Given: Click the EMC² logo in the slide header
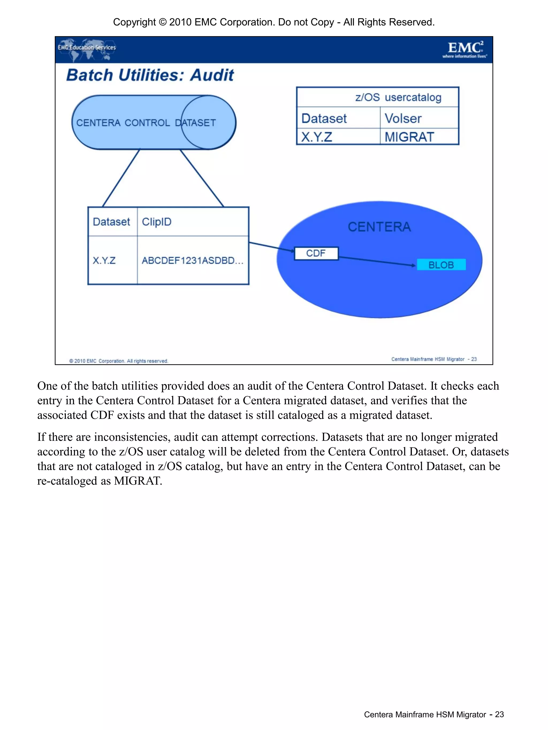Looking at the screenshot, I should click(x=465, y=49).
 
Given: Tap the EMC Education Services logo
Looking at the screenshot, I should click(x=87, y=48).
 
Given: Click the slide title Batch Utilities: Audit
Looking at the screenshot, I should click(x=150, y=75).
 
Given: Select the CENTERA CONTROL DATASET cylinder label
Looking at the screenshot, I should click(x=146, y=123).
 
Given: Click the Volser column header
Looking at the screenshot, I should click(x=403, y=119).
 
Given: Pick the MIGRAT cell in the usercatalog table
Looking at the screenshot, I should click(x=409, y=137).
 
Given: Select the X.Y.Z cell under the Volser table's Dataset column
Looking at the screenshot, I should click(x=317, y=137).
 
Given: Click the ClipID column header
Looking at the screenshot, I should click(x=157, y=222).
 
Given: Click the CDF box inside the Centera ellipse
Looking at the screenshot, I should click(x=316, y=254).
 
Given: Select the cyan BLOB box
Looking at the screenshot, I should click(x=441, y=265).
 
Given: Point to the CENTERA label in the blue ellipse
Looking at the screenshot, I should click(x=379, y=227).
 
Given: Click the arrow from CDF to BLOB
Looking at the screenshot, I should click(x=376, y=261).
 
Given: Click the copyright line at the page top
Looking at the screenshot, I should click(x=274, y=22).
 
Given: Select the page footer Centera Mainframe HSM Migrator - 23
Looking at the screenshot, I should click(x=433, y=714).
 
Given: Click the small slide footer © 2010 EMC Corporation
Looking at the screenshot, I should click(x=119, y=361).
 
